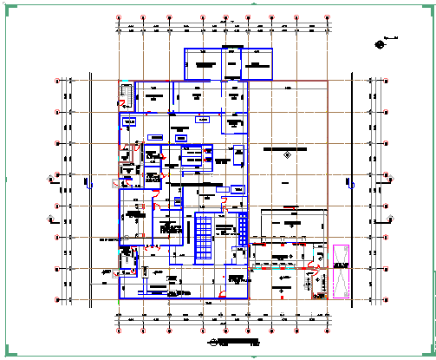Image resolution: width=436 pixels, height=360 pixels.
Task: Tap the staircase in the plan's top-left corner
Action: (126, 92)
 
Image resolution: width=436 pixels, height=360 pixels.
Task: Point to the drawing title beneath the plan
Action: (227, 340)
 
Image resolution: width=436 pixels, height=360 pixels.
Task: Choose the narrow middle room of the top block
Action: (231, 65)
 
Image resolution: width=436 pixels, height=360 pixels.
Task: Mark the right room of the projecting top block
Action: (257, 65)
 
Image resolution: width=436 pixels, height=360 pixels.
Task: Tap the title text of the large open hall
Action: (286, 150)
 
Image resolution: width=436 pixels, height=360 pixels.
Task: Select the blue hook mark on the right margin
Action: (354, 183)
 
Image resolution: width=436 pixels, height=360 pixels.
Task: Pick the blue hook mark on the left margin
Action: (87, 182)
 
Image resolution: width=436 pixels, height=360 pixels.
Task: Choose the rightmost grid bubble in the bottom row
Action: (329, 330)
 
